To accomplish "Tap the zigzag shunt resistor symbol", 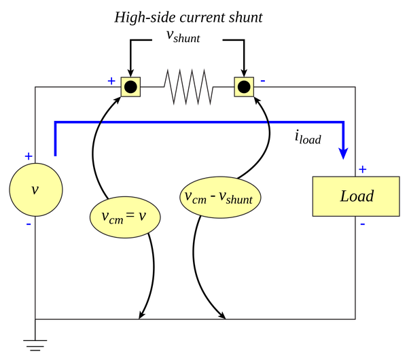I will click(188, 87).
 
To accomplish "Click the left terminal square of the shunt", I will click(130, 87).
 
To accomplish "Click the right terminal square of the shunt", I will click(243, 87).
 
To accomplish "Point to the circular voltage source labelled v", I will click(35, 190).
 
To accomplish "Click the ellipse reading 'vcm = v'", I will click(126, 216).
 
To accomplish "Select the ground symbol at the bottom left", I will click(35, 344).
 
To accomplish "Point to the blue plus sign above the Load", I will click(362, 168).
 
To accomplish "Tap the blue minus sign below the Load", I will click(361, 224).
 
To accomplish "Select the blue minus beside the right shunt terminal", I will click(262, 81).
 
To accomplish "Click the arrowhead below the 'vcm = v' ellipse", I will click(141, 314).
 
